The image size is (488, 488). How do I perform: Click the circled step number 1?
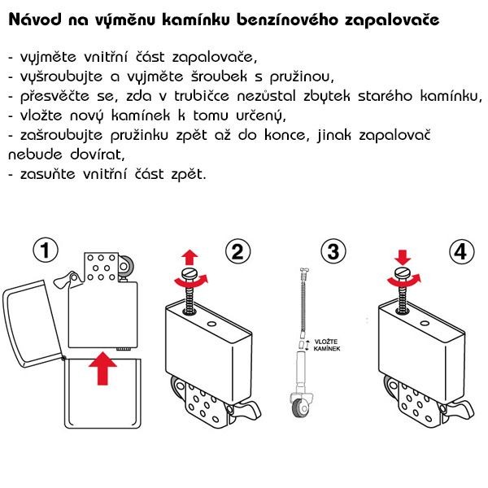click(x=46, y=250)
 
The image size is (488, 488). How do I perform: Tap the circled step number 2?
click(x=237, y=251)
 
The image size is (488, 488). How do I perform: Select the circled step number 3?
click(x=333, y=251)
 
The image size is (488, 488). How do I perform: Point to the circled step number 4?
click(x=462, y=251)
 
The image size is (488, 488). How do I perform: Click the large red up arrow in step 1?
click(x=102, y=368)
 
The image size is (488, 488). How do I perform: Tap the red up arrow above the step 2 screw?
click(x=190, y=258)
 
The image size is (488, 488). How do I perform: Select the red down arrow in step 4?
click(x=403, y=257)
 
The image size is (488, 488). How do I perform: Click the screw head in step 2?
click(x=190, y=274)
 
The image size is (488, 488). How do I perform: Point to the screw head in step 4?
click(x=403, y=273)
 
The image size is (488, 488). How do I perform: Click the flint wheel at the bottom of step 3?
click(x=299, y=408)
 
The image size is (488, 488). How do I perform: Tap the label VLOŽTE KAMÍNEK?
click(x=326, y=345)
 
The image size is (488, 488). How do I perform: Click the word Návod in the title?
click(x=35, y=20)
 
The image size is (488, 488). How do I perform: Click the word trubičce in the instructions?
click(x=202, y=96)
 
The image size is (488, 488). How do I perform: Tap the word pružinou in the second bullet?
click(x=302, y=77)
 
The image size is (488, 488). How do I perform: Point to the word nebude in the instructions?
click(x=35, y=155)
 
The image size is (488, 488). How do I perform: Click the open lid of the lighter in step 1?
click(x=33, y=324)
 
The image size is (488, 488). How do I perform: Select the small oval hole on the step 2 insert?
click(x=211, y=324)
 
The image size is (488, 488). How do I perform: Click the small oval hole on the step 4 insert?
click(x=425, y=324)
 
